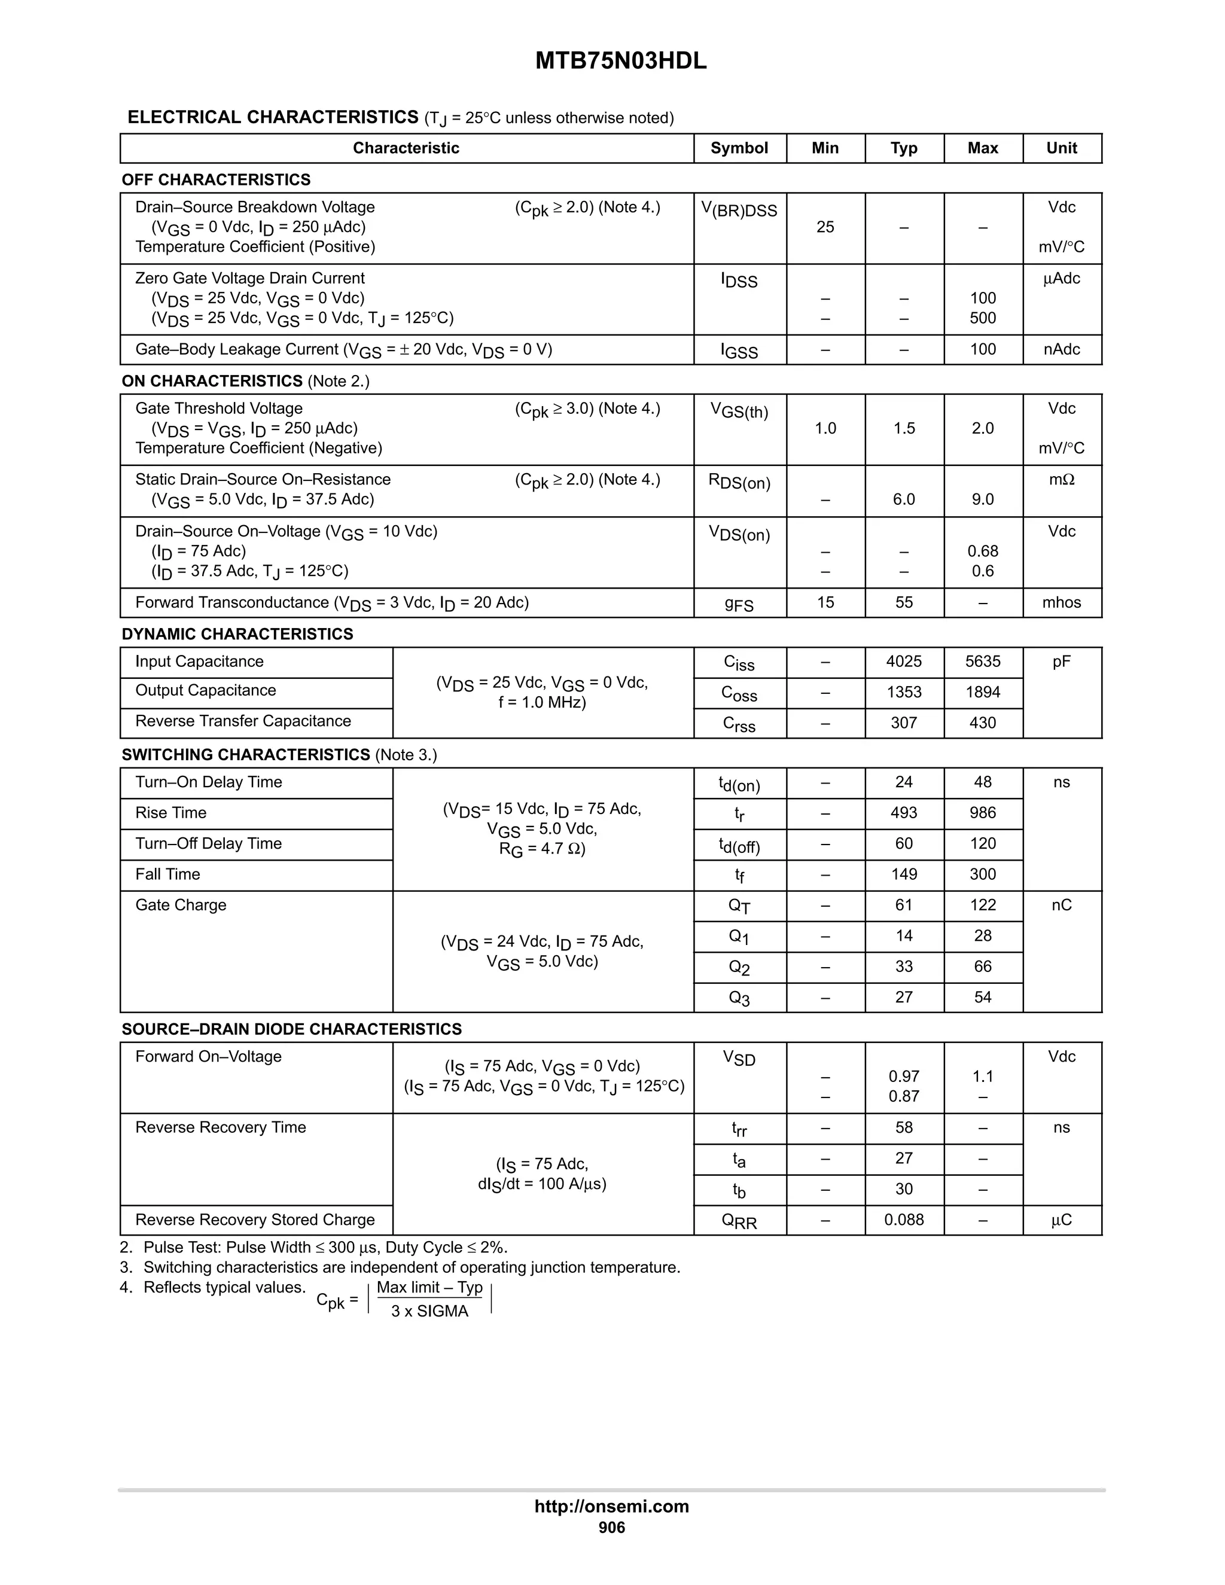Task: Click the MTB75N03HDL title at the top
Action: [x=620, y=62]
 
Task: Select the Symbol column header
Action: [x=739, y=148]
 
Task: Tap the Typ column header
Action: [x=904, y=148]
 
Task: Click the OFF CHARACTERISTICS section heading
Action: [x=217, y=180]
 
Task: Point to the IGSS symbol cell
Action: [x=739, y=350]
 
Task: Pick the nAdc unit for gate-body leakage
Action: [x=1061, y=350]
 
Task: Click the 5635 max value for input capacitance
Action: [x=983, y=662]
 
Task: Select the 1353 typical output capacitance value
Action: [x=904, y=693]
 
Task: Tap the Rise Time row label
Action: [x=170, y=813]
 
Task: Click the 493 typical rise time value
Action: [x=904, y=813]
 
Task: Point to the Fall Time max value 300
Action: [x=983, y=874]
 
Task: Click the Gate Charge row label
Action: [x=181, y=905]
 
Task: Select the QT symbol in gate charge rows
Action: [x=739, y=906]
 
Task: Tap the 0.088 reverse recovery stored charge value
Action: [x=904, y=1220]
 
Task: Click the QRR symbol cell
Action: [x=739, y=1221]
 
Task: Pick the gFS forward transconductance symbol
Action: [x=739, y=604]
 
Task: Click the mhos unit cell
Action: [x=1061, y=602]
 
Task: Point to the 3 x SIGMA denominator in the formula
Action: [x=429, y=1312]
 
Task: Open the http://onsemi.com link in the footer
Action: [x=612, y=1507]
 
